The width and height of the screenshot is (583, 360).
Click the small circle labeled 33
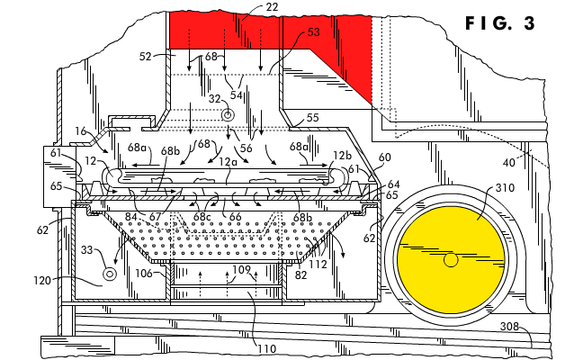pyautogui.click(x=110, y=272)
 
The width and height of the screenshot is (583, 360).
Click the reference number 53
pyautogui.click(x=313, y=32)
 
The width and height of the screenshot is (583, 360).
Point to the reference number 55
pyautogui.click(x=312, y=118)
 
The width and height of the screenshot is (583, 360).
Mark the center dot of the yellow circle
pyautogui.click(x=450, y=260)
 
